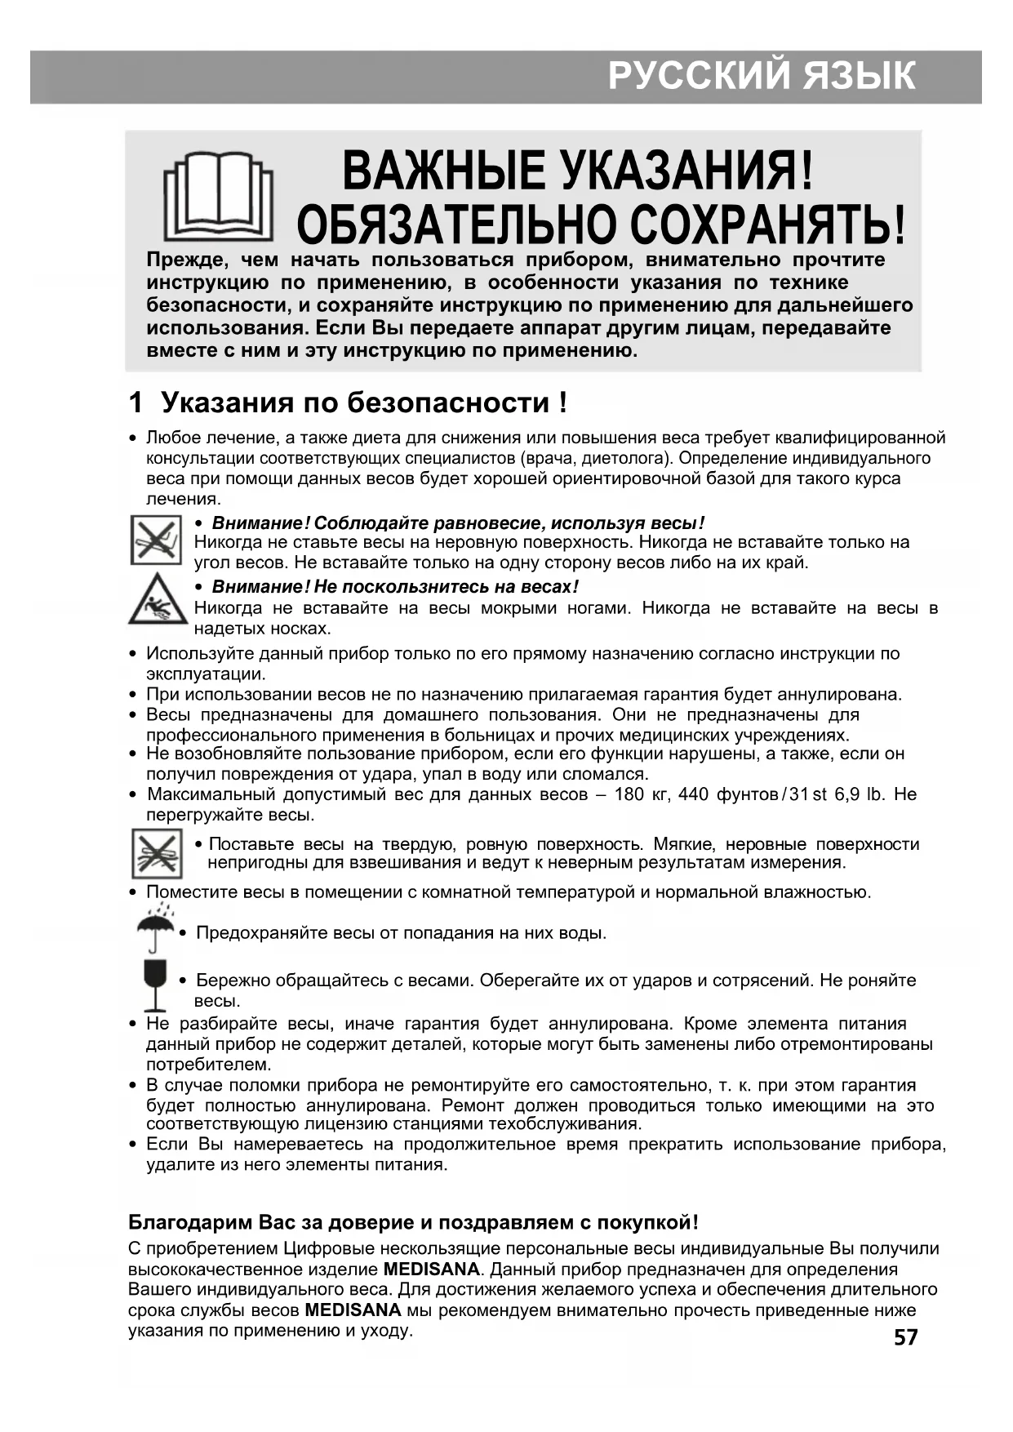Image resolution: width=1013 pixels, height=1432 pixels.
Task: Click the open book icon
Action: click(x=218, y=195)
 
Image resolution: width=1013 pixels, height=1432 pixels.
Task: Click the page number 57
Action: click(x=905, y=1337)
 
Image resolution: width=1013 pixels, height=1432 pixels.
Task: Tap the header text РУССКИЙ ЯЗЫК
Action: click(x=761, y=76)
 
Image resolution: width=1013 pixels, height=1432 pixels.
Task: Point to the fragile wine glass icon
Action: click(x=154, y=985)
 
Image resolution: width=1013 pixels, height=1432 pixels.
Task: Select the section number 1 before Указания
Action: click(x=136, y=402)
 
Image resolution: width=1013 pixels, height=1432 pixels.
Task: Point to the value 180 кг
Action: click(x=641, y=794)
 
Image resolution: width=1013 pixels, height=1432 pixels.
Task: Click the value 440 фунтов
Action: click(x=727, y=794)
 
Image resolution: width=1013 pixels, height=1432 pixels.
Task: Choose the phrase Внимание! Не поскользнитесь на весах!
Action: click(x=395, y=586)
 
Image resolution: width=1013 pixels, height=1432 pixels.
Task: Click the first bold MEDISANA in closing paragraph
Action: click(x=431, y=1269)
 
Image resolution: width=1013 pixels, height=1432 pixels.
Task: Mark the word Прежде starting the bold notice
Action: click(x=184, y=260)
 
